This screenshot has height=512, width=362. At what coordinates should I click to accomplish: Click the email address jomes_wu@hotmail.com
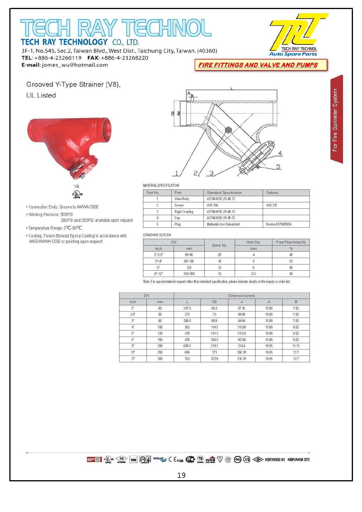75,65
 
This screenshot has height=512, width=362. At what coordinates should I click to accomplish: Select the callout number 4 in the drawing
280,153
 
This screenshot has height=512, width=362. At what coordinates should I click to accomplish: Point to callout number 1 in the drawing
176,173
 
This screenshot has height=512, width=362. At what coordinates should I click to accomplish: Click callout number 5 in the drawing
278,166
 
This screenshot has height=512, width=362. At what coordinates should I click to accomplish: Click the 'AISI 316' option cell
271,205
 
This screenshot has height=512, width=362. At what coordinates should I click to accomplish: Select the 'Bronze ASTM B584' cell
279,224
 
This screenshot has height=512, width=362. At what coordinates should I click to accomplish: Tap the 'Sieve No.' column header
220,245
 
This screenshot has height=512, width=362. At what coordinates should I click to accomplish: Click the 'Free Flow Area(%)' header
291,242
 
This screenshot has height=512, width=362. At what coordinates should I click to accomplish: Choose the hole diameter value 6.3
253,274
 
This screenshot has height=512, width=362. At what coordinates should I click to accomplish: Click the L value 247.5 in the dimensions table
187,308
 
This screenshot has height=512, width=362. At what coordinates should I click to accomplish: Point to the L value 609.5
187,346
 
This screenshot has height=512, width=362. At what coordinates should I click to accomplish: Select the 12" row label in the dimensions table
133,359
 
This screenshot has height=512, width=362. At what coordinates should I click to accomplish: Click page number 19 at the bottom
181,475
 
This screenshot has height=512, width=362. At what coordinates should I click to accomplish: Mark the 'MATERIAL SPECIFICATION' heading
161,185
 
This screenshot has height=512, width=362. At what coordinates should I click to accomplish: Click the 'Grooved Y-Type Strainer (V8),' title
73,84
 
